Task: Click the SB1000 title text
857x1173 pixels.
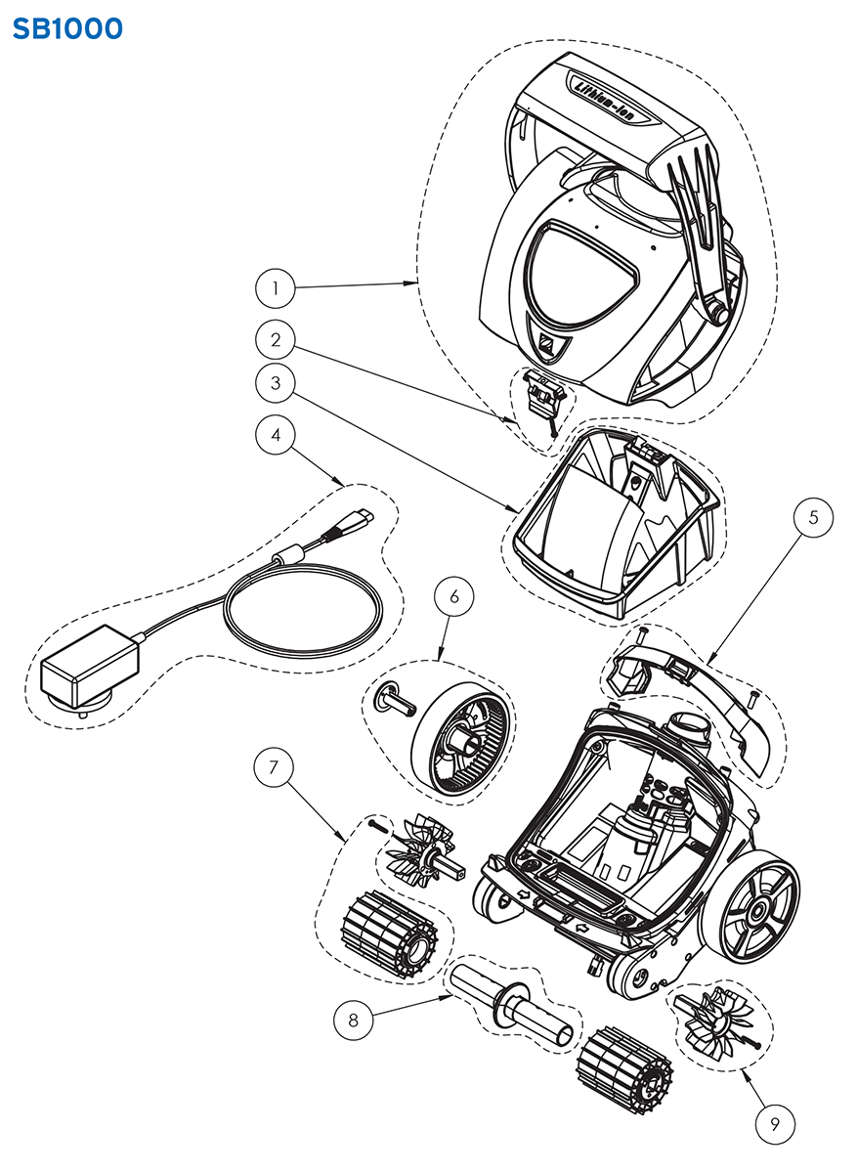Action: tap(67, 29)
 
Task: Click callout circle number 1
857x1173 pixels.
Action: tap(277, 288)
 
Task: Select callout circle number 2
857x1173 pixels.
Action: tap(277, 340)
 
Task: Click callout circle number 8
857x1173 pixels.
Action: tap(353, 1021)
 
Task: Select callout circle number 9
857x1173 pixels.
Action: tap(773, 1122)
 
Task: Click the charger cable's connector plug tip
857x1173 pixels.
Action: tap(363, 515)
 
